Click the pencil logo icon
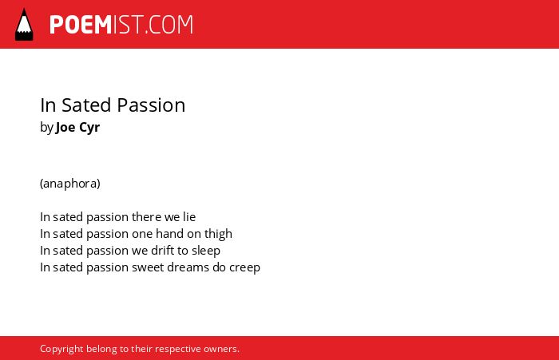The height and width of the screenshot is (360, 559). click(24, 25)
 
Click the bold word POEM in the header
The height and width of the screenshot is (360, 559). click(81, 25)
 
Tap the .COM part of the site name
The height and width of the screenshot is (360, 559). click(169, 25)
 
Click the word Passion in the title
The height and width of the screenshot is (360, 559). click(151, 105)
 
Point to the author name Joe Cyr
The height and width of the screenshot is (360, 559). click(77, 128)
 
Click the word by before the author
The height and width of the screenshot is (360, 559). click(46, 128)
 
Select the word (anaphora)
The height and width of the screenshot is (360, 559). click(70, 184)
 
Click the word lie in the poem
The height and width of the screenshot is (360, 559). click(189, 216)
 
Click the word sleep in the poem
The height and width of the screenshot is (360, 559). click(206, 251)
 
